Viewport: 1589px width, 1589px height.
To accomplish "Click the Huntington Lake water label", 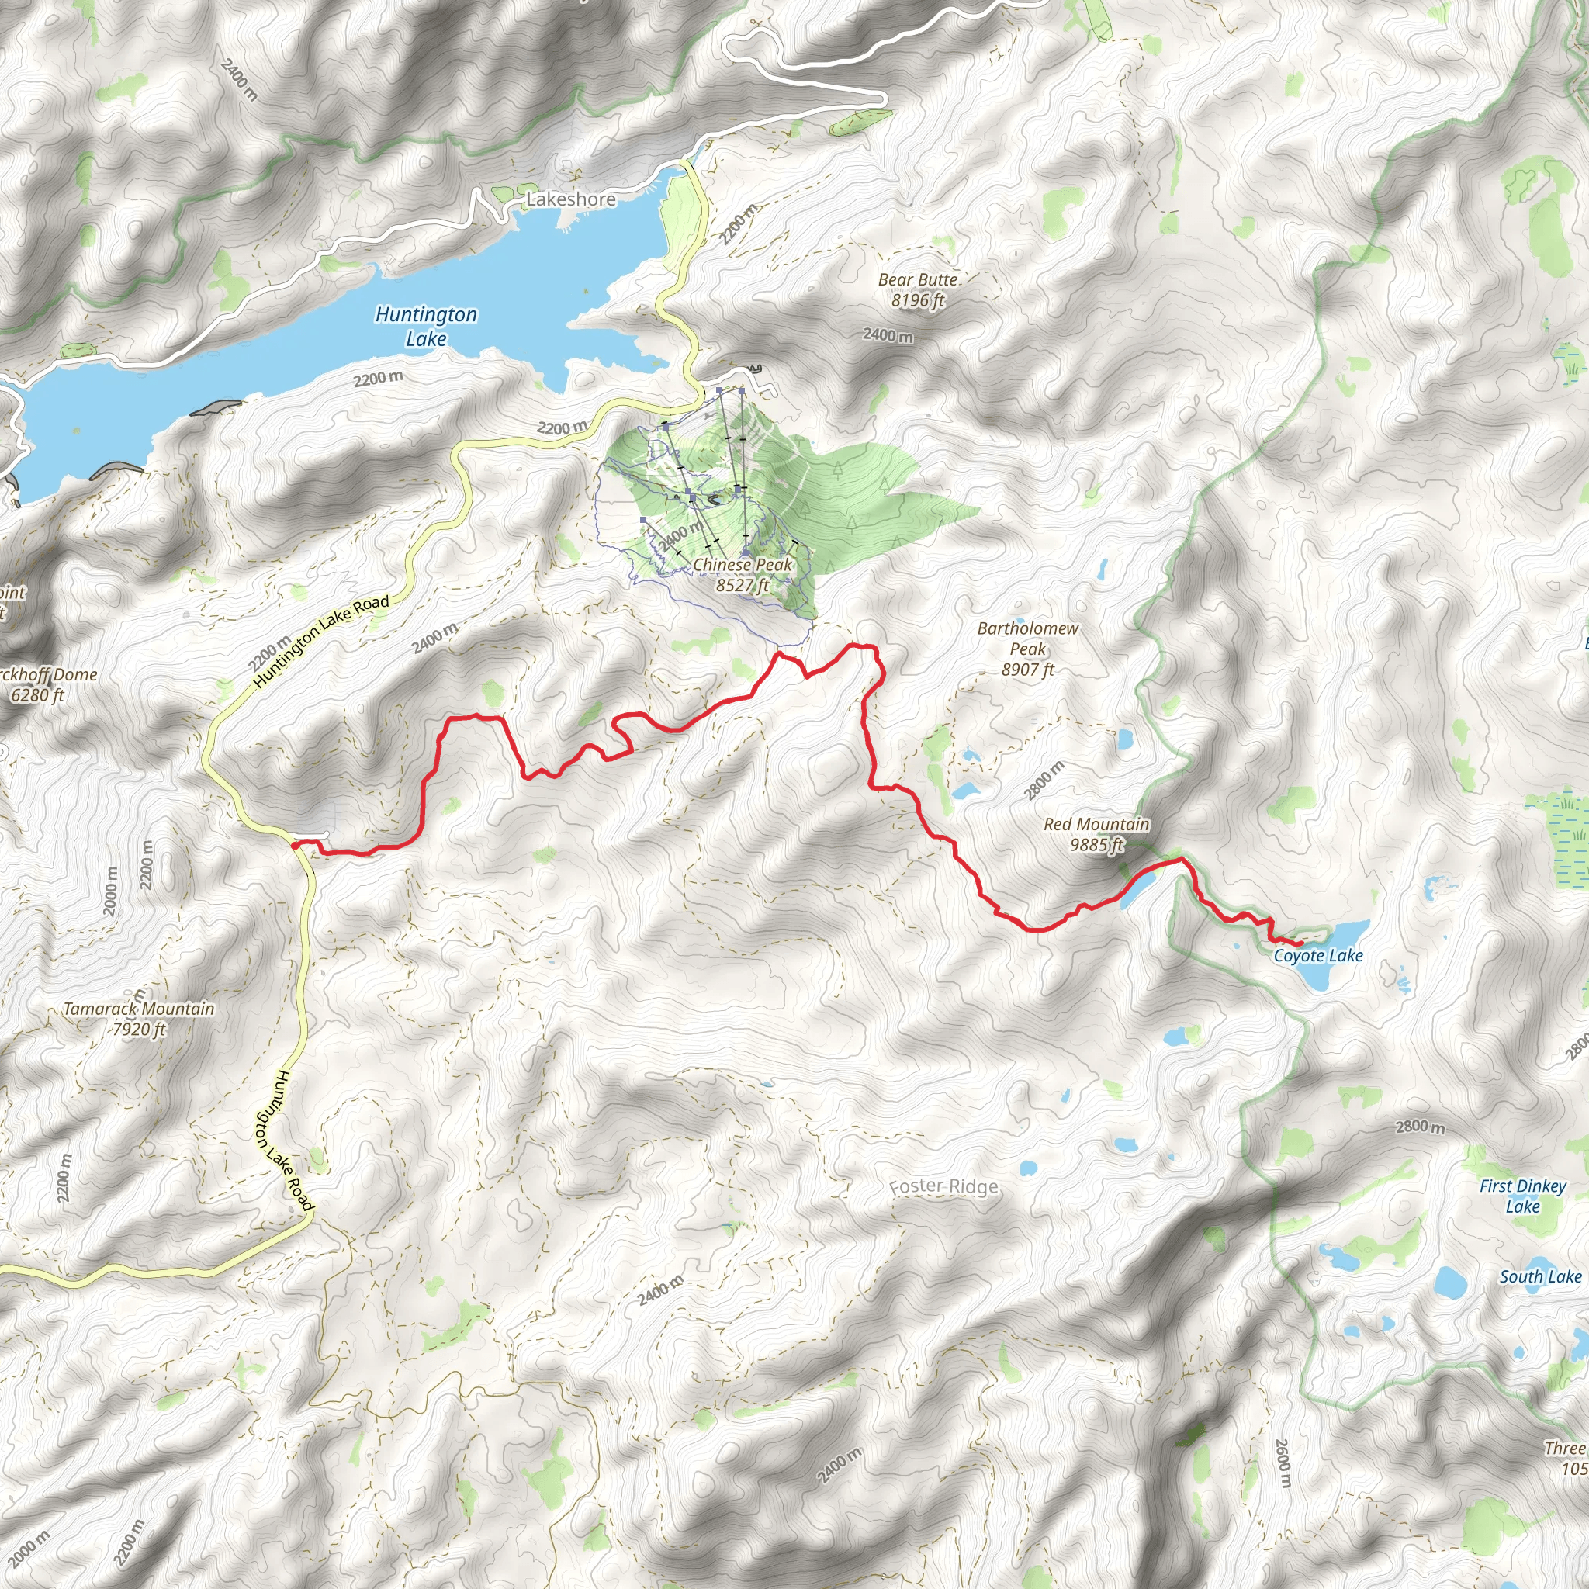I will click(426, 326).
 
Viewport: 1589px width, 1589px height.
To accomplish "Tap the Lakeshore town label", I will click(571, 199).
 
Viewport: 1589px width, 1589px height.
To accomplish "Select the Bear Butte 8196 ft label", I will click(918, 289).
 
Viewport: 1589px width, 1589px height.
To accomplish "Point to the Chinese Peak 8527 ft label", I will click(742, 574).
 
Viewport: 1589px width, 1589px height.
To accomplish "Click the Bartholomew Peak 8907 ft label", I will click(1027, 648).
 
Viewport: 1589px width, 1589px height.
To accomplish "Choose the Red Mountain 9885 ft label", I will click(1096, 833).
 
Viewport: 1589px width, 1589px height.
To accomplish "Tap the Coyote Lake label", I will click(1317, 955).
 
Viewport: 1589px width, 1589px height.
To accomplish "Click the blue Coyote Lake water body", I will click(1326, 974).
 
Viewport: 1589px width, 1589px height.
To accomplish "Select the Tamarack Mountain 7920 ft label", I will click(139, 1017).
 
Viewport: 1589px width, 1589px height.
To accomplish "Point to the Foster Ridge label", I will click(944, 1186).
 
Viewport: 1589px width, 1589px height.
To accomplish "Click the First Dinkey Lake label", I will click(1522, 1196).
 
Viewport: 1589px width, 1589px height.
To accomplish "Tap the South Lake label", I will click(1539, 1276).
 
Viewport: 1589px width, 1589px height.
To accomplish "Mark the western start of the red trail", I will click(293, 845).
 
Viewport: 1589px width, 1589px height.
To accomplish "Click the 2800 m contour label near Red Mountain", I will click(1044, 781).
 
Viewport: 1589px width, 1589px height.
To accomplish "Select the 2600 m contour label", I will click(1282, 1463).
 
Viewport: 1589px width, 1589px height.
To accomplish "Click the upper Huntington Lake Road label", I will click(320, 642).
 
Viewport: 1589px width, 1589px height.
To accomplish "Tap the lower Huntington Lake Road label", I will click(284, 1140).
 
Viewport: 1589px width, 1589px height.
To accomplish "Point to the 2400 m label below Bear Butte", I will click(888, 335).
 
